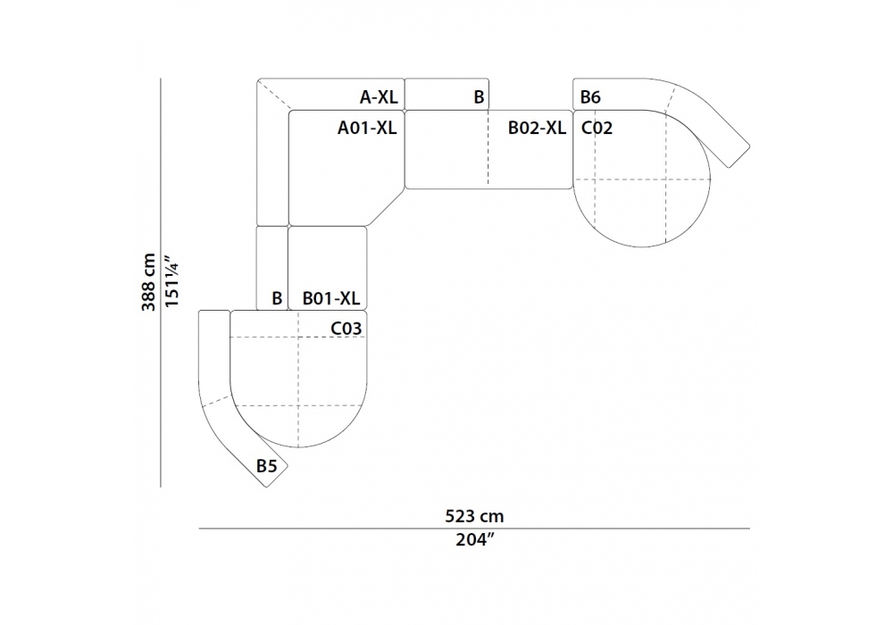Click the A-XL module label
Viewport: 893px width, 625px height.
point(379,97)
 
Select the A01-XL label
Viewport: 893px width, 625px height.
point(367,128)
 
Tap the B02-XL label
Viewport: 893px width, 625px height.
point(537,128)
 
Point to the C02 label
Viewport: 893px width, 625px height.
point(597,128)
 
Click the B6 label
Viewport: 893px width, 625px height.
point(590,97)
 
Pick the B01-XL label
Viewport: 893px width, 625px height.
point(331,298)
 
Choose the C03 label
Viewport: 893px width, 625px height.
point(346,329)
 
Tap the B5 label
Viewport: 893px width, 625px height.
point(266,466)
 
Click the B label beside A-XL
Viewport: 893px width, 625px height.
point(479,97)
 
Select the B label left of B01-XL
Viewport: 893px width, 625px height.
point(277,298)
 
